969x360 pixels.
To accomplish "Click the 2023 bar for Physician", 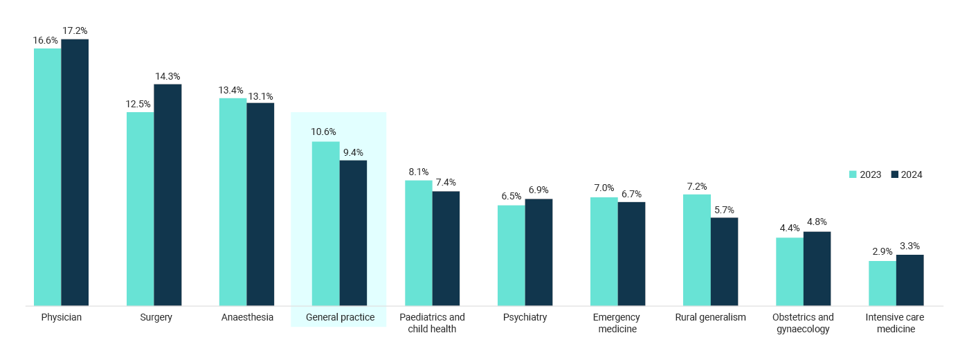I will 48,177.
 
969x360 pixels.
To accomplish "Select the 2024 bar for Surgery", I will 167,195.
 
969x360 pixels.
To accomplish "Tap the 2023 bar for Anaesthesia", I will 233,201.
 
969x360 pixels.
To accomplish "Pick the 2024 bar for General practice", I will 353,233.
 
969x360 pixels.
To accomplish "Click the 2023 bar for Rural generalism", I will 696,250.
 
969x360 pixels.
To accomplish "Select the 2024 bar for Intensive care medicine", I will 909,280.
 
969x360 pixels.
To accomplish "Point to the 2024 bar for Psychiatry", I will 538,252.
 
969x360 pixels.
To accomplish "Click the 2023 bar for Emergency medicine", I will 604,251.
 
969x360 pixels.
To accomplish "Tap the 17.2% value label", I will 75,31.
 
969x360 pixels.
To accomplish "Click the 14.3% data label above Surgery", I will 167,76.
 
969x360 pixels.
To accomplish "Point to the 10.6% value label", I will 324,132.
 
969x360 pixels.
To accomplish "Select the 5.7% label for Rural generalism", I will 724,210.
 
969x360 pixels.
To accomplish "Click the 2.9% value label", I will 882,252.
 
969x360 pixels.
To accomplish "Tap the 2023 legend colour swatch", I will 853,174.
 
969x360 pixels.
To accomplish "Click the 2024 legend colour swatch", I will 894,174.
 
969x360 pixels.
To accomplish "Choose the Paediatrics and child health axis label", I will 432,323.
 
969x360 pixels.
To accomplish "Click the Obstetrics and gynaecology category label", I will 803,323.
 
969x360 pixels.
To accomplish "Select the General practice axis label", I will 341,317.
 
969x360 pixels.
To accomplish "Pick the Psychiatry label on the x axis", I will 525,317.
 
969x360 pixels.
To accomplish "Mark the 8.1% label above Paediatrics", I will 418,172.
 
